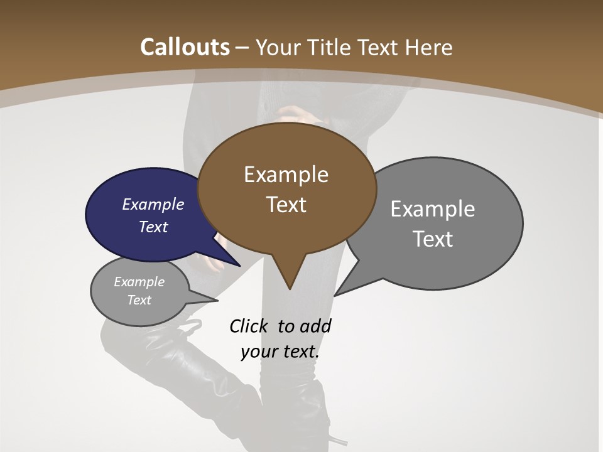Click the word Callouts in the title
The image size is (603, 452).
pos(185,47)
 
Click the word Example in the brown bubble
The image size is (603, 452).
pos(286,175)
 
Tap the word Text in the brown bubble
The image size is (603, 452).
pos(286,205)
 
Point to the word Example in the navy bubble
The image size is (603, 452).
pos(153,205)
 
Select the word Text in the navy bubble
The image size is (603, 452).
pos(153,227)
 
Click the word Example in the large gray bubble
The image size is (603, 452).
pos(432,209)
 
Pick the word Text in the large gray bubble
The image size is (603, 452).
pos(433,239)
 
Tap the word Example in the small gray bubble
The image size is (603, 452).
pos(139,282)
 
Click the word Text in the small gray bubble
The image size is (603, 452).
pos(139,300)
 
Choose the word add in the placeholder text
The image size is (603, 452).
pos(315,326)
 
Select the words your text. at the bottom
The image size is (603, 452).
pos(280,352)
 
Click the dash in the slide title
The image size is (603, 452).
pos(242,48)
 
